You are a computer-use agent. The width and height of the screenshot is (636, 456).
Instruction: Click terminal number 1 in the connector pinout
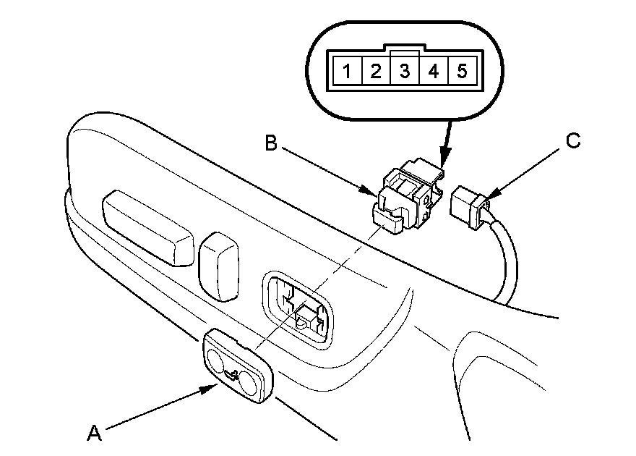coord(348,72)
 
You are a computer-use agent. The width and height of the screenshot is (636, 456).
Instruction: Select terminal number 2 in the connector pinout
coord(376,72)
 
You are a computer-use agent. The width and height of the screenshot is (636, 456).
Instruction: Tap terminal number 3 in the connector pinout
coord(405,72)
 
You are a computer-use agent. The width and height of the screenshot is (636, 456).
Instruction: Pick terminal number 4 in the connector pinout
coord(434,72)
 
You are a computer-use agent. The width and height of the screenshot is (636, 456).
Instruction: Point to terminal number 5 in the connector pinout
coord(462,72)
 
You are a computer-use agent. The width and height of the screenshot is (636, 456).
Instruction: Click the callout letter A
coord(93,433)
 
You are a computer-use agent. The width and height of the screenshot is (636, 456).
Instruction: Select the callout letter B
coord(271,143)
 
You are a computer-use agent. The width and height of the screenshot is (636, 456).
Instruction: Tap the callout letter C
coord(572,141)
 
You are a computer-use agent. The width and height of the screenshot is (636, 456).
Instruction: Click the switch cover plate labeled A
coord(239,365)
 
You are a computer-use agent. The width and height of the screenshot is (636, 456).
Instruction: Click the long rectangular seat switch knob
coord(148,225)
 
